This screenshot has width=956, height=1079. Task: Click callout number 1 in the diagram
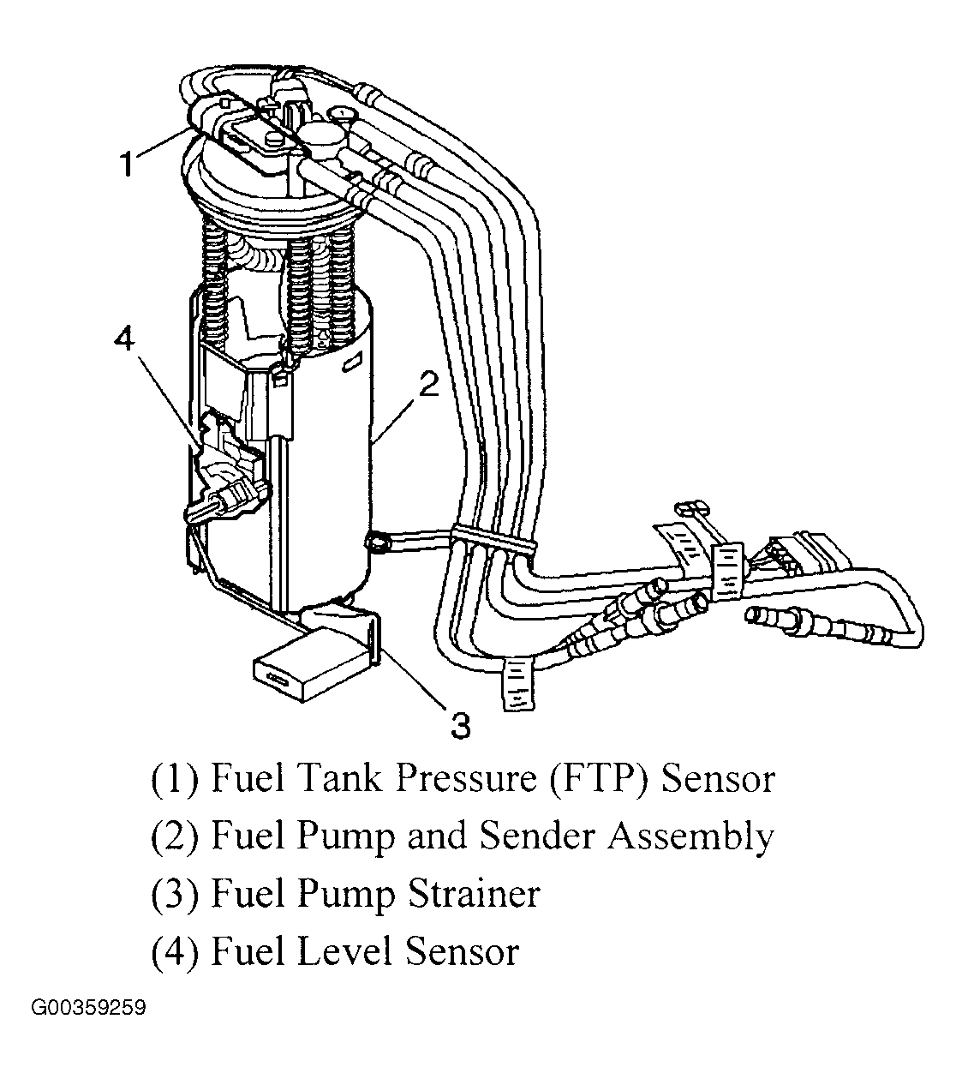(127, 163)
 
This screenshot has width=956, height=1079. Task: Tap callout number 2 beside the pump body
(427, 386)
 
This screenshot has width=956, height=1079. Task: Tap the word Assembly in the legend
(690, 836)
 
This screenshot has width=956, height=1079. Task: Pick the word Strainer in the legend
(473, 894)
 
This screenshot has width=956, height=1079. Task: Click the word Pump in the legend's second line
(347, 836)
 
